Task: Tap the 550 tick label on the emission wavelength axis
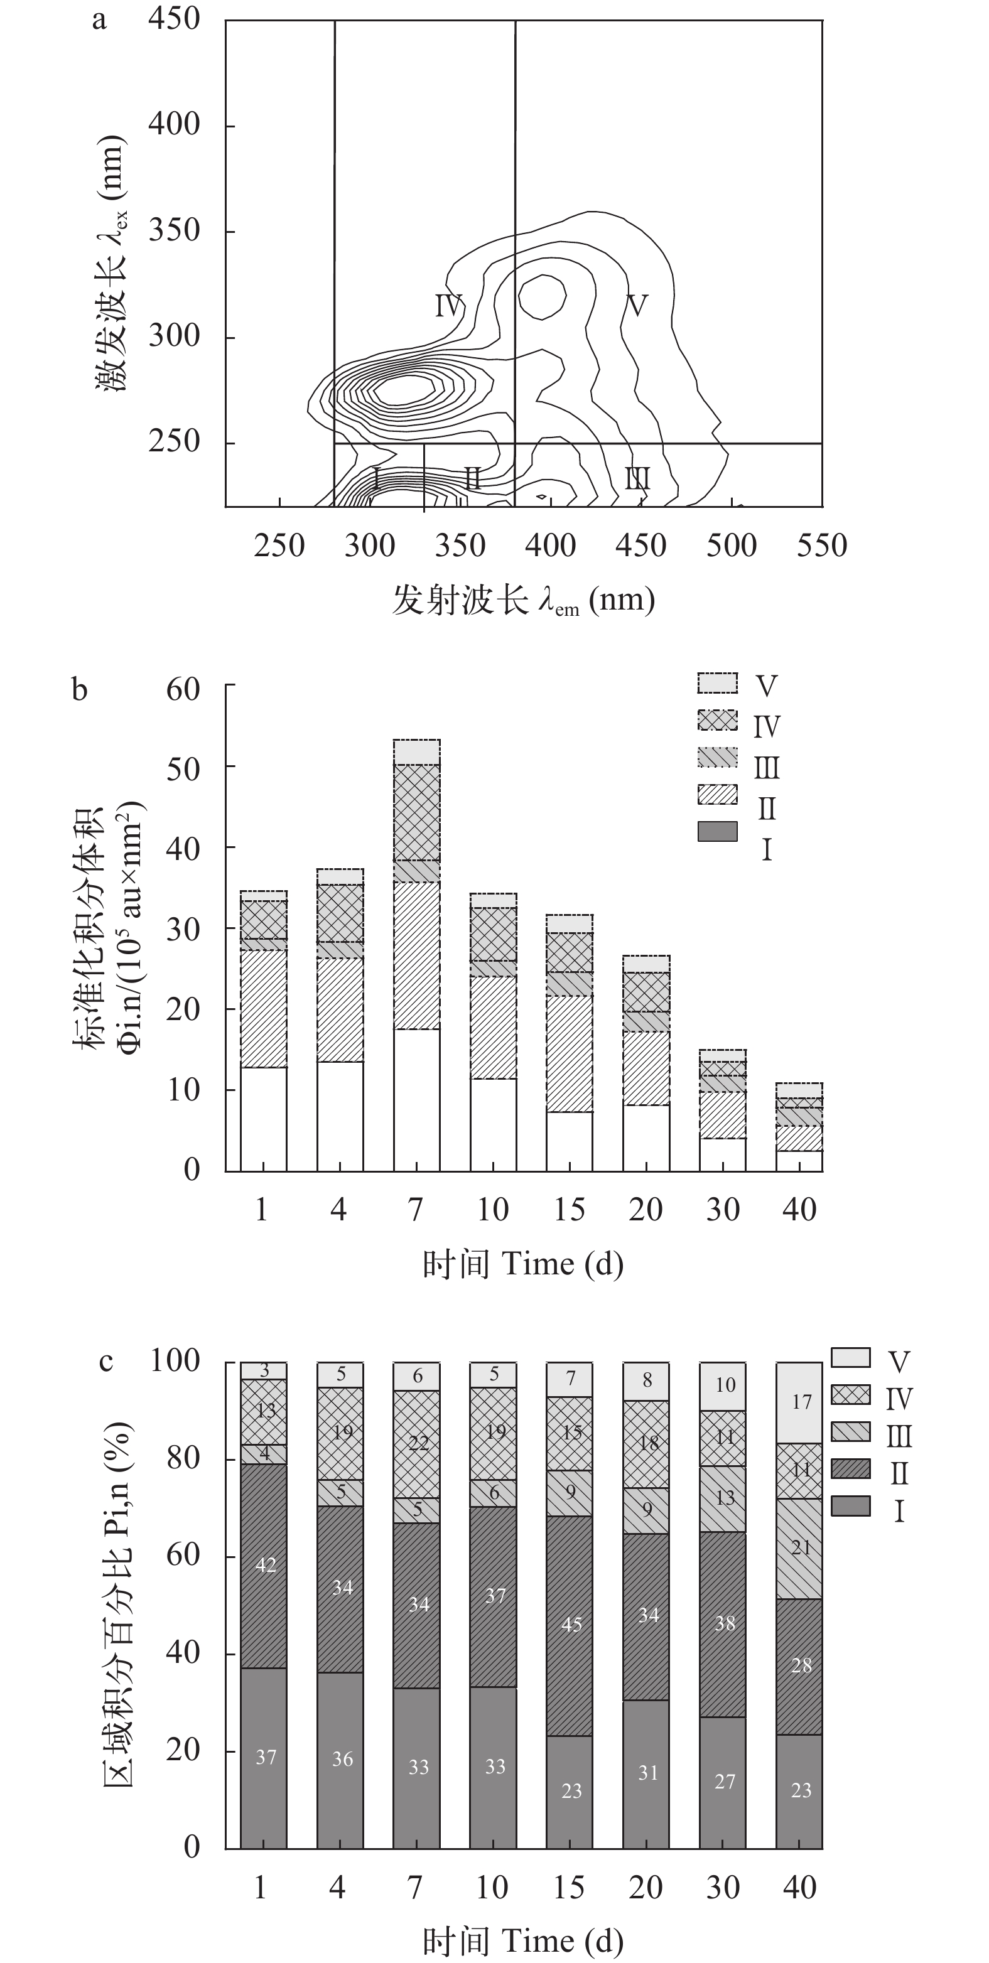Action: tap(821, 546)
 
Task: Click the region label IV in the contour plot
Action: tap(449, 306)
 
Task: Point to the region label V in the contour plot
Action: tap(636, 306)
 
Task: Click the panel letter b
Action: tap(79, 690)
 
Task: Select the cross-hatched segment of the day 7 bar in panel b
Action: tap(416, 812)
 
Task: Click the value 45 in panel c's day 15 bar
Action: tap(571, 1623)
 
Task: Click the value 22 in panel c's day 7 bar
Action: tap(418, 1443)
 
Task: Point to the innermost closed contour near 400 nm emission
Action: tap(542, 296)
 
